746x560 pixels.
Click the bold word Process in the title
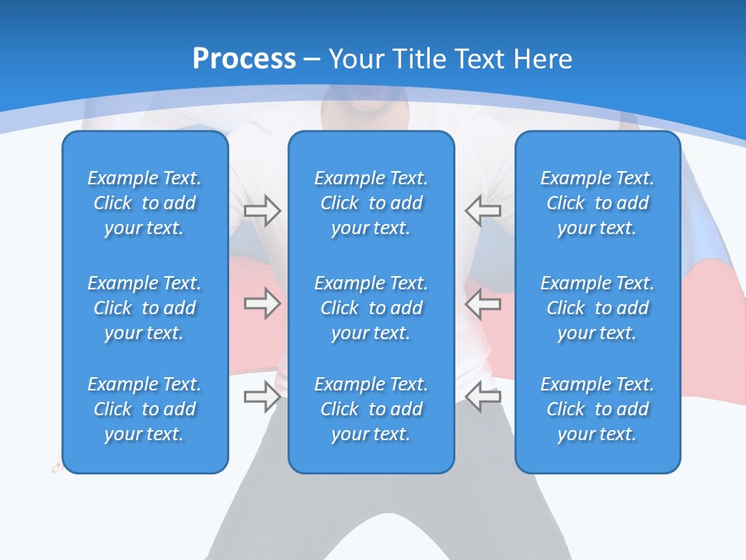[x=244, y=59]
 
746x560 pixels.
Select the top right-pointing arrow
[x=262, y=210]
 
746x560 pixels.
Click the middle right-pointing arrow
[x=262, y=303]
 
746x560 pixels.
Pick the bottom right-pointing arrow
[x=262, y=397]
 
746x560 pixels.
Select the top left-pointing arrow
[x=483, y=210]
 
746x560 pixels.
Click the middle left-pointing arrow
[x=483, y=303]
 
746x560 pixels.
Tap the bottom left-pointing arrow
[x=483, y=397]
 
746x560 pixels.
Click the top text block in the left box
[x=145, y=203]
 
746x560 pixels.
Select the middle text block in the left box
[x=145, y=308]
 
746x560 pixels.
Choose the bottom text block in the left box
[x=145, y=409]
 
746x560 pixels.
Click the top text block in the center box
[x=371, y=203]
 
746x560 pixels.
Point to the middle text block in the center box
[x=371, y=308]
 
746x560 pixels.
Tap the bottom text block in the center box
[x=371, y=409]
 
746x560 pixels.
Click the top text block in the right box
[x=597, y=203]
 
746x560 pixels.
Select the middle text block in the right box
[x=597, y=308]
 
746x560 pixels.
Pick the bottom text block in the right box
[x=597, y=409]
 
